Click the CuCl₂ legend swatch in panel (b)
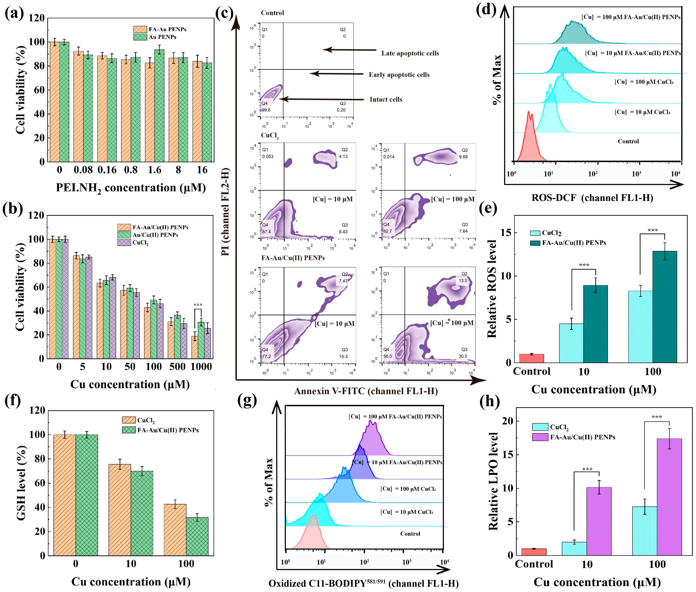[124, 242]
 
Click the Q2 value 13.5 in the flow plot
[463, 281]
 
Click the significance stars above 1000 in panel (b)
[198, 305]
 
